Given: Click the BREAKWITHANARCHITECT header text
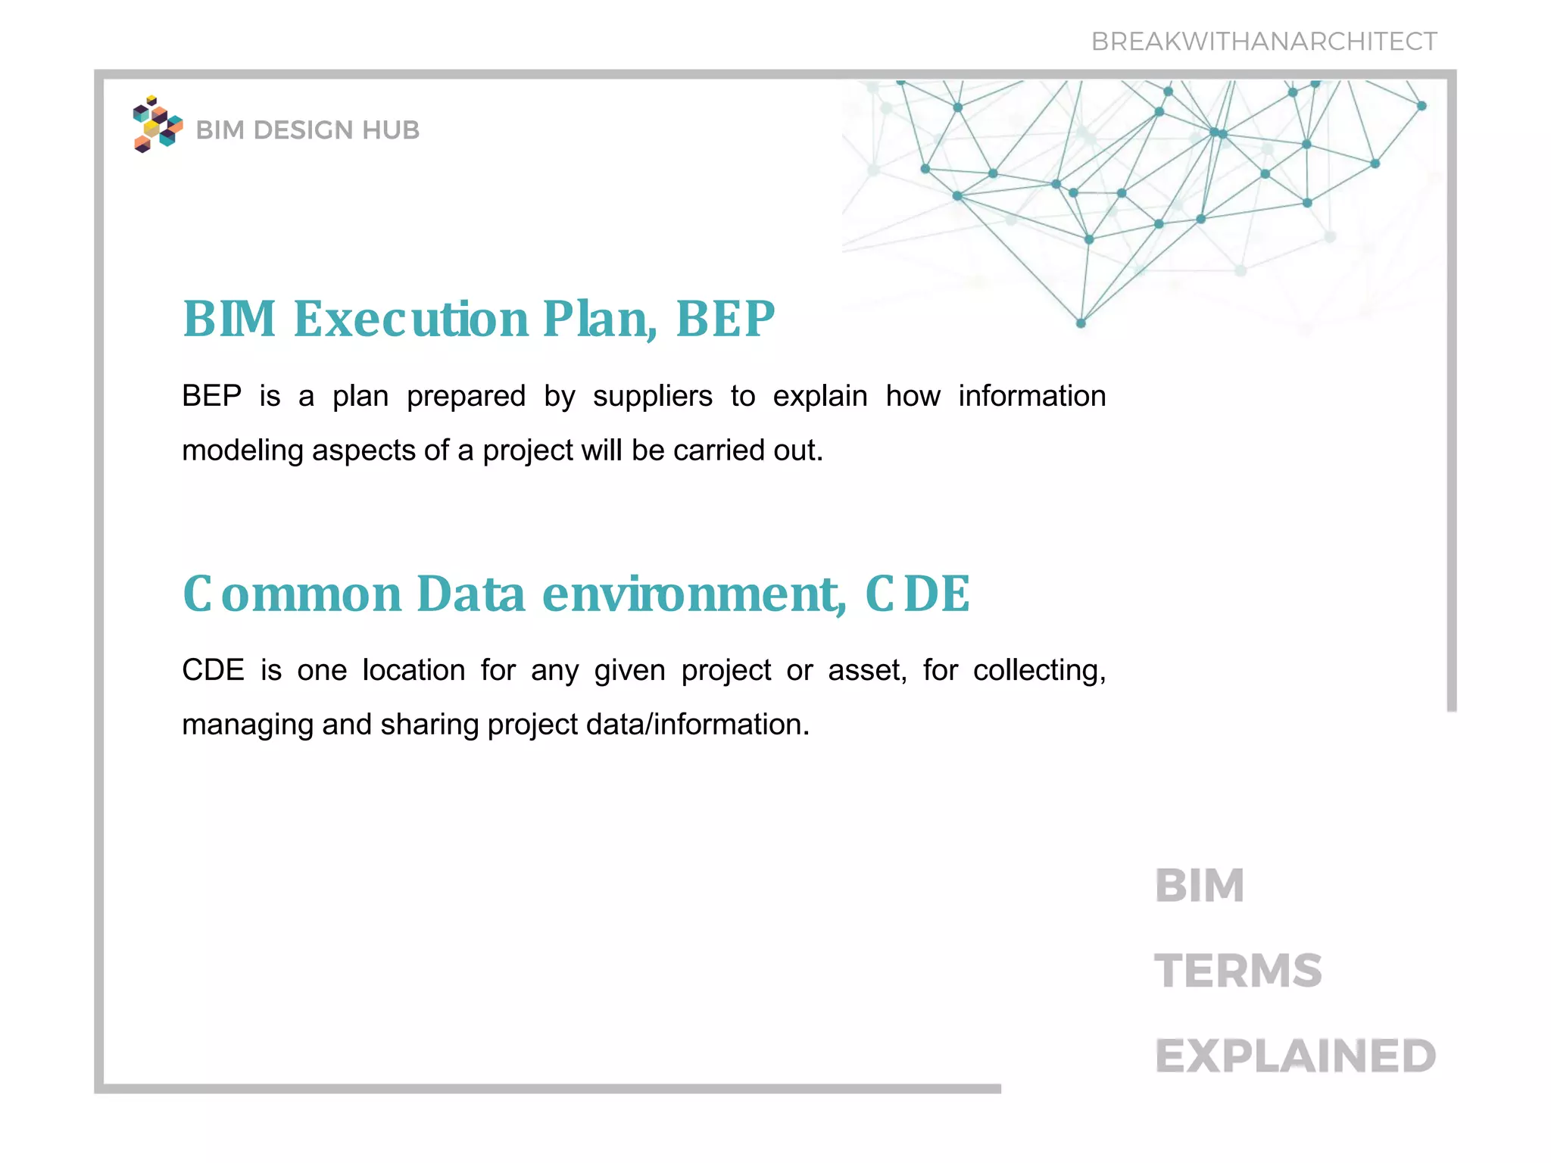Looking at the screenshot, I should [1263, 42].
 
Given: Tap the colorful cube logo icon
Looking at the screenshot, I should [158, 125].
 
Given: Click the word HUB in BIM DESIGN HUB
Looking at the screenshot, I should [390, 130].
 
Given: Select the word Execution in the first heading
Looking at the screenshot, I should [410, 319].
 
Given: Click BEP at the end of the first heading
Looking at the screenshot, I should [725, 319].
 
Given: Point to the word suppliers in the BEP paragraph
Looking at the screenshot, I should [652, 397].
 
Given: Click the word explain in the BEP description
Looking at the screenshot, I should [819, 397].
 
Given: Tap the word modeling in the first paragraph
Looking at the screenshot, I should [242, 451].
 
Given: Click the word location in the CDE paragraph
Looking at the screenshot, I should [413, 671].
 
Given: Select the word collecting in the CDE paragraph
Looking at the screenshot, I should [1039, 671].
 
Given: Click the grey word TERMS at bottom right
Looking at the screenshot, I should [1237, 971].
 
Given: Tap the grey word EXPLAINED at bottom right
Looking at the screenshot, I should [1295, 1057].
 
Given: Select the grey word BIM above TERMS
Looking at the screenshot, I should [1200, 886].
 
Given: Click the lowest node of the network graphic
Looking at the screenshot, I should [1081, 323].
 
